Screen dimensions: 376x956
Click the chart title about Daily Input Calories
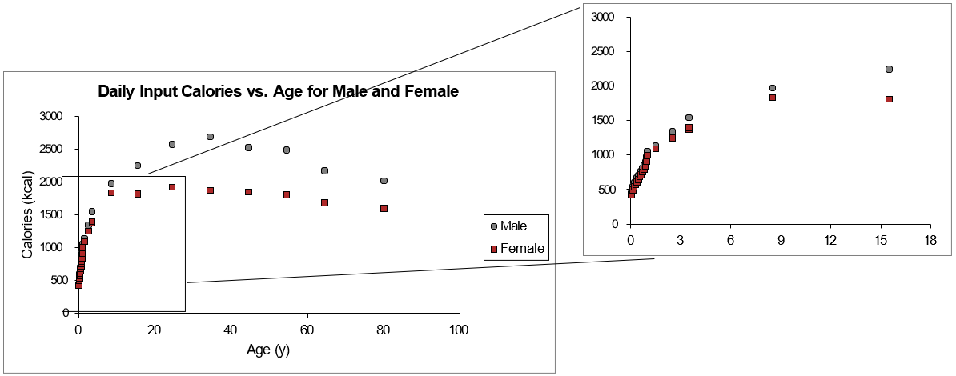point(278,91)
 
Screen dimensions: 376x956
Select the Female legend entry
point(522,249)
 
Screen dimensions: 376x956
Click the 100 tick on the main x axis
point(460,330)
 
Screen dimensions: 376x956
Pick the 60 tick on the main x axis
point(307,330)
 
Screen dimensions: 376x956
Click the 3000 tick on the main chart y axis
point(50,117)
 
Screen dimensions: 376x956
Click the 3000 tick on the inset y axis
point(605,18)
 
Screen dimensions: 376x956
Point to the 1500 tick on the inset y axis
point(605,121)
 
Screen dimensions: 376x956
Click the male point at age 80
point(384,181)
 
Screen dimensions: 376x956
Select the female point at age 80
point(384,208)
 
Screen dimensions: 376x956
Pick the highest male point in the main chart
point(210,137)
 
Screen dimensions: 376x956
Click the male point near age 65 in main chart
point(324,170)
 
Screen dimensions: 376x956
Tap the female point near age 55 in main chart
point(286,194)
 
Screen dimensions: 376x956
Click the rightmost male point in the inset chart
point(889,69)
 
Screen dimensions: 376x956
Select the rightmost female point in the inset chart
point(889,99)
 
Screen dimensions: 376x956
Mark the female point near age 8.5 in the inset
point(773,98)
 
